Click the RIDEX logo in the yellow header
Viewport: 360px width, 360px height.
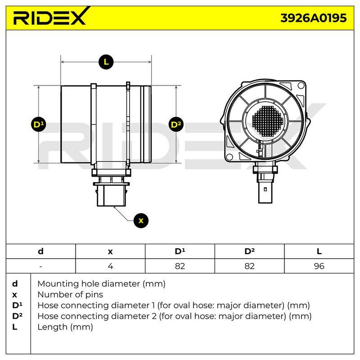tap(51, 16)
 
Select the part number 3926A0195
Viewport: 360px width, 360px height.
tap(313, 18)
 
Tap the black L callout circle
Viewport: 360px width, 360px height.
tap(106, 62)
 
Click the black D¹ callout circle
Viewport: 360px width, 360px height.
tap(38, 125)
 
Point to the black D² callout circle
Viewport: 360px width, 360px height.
tap(176, 125)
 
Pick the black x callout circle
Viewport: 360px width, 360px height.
tap(141, 220)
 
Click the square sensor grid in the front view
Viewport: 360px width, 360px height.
tap(267, 121)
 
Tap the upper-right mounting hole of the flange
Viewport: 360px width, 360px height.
tap(301, 85)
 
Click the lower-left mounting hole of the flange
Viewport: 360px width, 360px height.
tap(229, 157)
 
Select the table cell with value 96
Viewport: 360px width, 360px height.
tap(319, 266)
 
